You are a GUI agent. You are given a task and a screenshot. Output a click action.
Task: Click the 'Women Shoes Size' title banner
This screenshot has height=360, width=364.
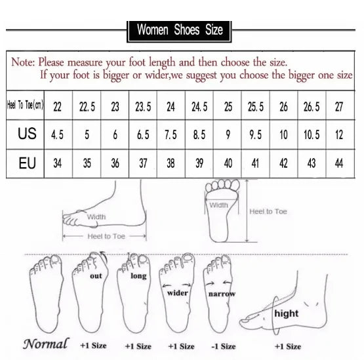[179, 31]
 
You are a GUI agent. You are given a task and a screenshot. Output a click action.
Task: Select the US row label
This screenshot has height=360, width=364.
[27, 134]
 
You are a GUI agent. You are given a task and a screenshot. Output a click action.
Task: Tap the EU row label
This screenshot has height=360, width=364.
[27, 163]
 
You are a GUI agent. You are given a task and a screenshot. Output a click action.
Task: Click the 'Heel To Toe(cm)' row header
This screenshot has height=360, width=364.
[25, 105]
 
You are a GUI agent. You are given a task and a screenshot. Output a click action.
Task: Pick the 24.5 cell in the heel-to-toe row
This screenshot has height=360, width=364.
[199, 107]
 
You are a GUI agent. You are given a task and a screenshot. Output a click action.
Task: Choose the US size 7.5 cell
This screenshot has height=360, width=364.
[171, 135]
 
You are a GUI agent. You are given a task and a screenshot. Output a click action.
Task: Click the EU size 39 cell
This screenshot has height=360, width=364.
[199, 163]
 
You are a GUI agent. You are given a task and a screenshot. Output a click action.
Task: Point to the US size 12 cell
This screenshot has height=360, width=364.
[339, 134]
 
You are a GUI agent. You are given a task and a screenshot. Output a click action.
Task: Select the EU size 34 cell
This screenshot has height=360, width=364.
[57, 163]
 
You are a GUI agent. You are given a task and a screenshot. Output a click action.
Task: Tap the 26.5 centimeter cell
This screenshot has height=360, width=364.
[312, 107]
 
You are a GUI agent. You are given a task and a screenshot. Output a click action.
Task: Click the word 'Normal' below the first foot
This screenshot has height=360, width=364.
[46, 344]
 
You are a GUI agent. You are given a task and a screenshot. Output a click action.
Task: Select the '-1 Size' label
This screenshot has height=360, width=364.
[224, 346]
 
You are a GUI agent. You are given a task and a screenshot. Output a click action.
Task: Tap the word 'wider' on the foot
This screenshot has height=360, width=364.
[177, 293]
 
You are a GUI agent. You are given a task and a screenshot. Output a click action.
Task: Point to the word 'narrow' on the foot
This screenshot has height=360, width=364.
[222, 294]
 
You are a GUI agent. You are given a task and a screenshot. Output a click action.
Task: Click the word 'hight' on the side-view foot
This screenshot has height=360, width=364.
[286, 313]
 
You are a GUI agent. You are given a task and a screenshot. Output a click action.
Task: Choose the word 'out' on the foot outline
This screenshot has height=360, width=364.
[96, 276]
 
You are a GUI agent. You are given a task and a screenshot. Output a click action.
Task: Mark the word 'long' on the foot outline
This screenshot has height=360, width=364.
[138, 276]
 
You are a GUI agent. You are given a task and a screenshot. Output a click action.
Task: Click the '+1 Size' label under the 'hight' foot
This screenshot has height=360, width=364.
[288, 346]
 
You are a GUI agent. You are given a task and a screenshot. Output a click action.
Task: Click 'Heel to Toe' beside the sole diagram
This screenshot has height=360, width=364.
[268, 211]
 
